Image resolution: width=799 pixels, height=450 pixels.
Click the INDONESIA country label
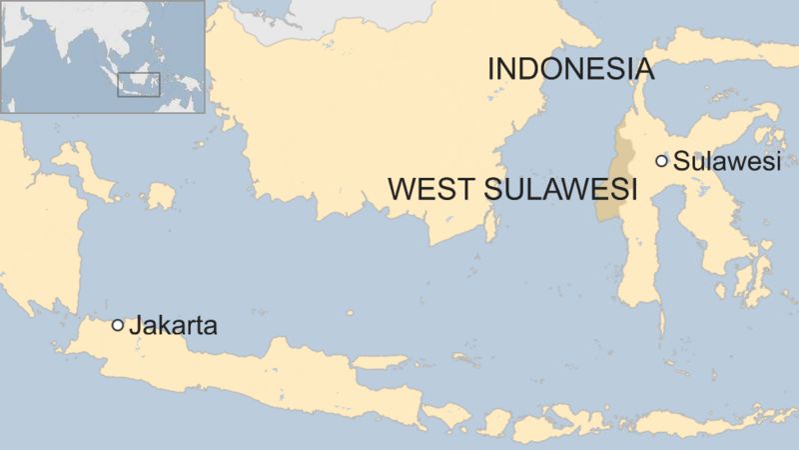click(570, 69)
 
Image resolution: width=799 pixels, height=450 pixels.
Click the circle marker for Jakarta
click(118, 325)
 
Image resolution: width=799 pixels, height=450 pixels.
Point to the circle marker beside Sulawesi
click(661, 160)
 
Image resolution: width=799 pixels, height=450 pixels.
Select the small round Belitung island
click(160, 196)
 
